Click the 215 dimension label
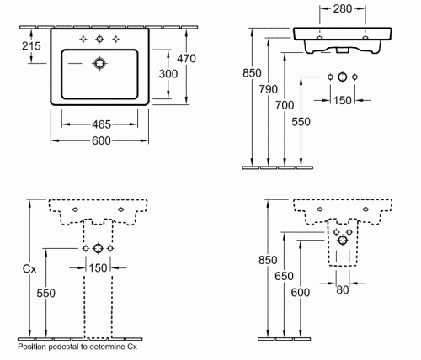(x=31, y=45)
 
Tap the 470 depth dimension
(x=186, y=59)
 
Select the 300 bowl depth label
(x=168, y=74)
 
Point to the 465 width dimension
(x=101, y=124)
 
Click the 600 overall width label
(x=101, y=140)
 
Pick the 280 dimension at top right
(x=343, y=9)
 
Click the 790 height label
(x=269, y=89)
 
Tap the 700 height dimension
(x=285, y=105)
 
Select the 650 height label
(x=284, y=277)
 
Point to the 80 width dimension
(x=343, y=290)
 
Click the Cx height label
(x=29, y=269)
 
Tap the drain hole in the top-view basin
(x=99, y=64)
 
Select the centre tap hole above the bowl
(x=99, y=40)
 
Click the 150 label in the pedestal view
(x=98, y=268)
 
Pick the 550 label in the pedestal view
(x=46, y=294)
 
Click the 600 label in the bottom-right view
(x=301, y=293)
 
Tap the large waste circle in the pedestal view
(x=98, y=248)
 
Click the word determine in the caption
(x=107, y=347)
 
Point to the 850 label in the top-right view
(x=252, y=73)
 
